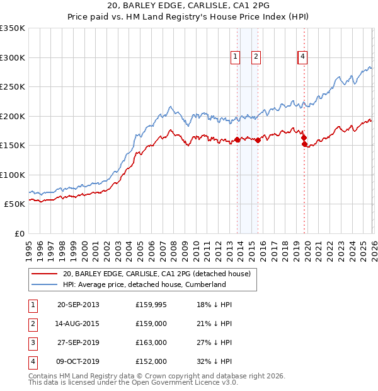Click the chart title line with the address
pyautogui.click(x=189, y=6)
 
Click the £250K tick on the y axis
pyautogui.click(x=13, y=86)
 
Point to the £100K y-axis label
pyautogui.click(x=13, y=175)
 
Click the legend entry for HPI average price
pyautogui.click(x=144, y=284)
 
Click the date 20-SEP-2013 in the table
pyautogui.click(x=78, y=305)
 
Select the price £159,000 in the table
pyautogui.click(x=151, y=324)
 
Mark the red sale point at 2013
pyautogui.click(x=238, y=140)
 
